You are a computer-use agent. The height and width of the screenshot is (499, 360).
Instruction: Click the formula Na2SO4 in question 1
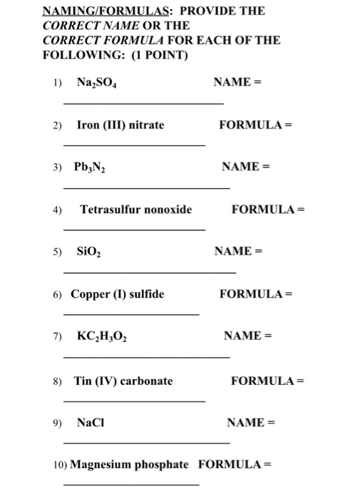pyautogui.click(x=98, y=83)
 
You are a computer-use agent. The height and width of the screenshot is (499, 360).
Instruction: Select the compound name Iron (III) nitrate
pyautogui.click(x=120, y=125)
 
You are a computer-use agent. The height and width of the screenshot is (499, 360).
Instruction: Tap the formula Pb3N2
pyautogui.click(x=90, y=168)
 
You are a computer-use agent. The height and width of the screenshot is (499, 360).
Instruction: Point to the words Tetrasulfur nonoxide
pyautogui.click(x=135, y=210)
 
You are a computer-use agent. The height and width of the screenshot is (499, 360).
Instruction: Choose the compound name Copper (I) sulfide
pyautogui.click(x=117, y=294)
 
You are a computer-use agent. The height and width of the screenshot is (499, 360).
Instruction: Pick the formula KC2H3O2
pyautogui.click(x=101, y=336)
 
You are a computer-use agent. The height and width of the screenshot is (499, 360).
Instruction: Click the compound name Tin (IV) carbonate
pyautogui.click(x=123, y=381)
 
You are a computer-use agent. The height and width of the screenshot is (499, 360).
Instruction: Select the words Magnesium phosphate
pyautogui.click(x=129, y=465)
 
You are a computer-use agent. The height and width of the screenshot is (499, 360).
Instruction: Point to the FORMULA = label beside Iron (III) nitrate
pyautogui.click(x=256, y=125)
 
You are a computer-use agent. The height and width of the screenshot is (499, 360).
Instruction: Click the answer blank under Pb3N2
pyautogui.click(x=147, y=187)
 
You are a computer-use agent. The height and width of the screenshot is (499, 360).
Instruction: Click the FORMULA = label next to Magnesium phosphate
pyautogui.click(x=235, y=465)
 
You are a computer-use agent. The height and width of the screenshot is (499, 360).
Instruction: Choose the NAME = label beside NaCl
pyautogui.click(x=250, y=423)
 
